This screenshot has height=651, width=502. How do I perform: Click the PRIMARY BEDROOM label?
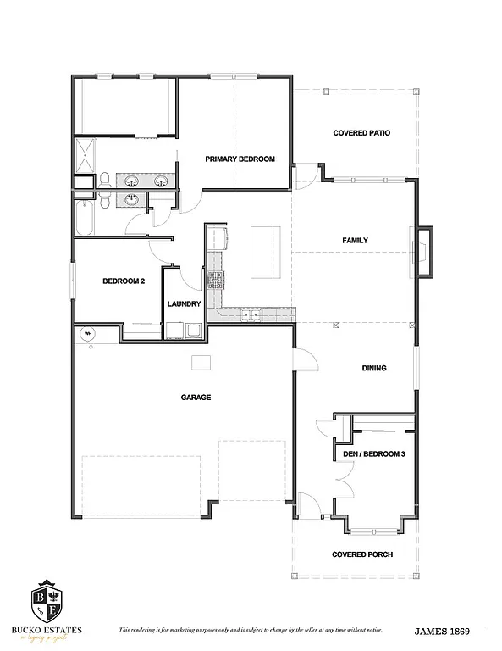(240, 159)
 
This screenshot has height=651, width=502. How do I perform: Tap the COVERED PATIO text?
(361, 133)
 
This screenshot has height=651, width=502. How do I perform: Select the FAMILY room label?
(355, 240)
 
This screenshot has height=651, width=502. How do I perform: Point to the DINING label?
(373, 368)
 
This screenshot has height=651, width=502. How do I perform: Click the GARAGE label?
(196, 397)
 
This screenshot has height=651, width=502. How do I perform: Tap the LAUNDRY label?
(184, 303)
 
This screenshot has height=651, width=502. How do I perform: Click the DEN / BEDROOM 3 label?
(374, 453)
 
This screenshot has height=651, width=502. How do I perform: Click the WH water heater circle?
(87, 334)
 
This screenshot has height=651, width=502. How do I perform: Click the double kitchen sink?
(250, 314)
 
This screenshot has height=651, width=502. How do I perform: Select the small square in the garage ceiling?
(201, 363)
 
